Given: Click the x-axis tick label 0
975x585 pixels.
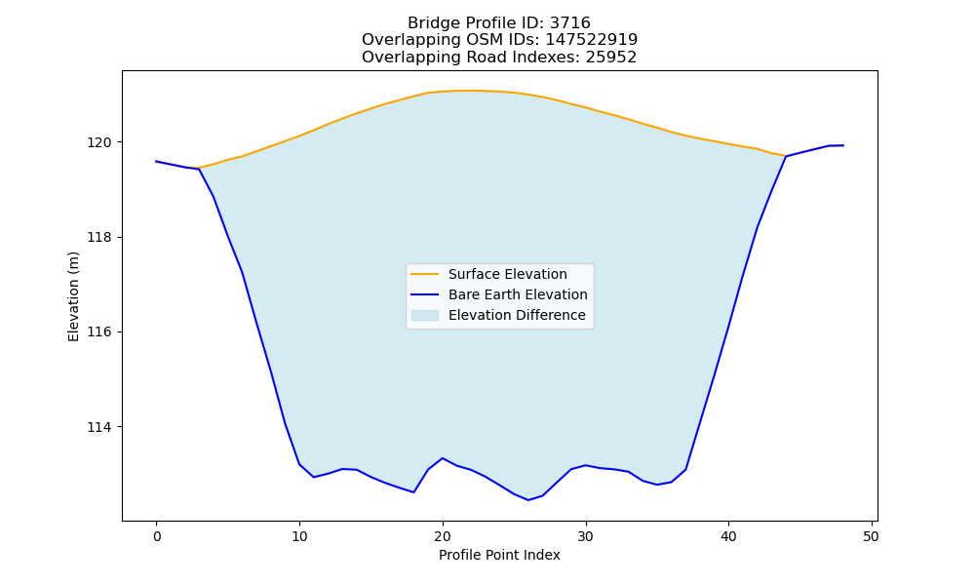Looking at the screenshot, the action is tap(157, 536).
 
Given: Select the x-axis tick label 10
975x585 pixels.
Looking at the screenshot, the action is tap(299, 536).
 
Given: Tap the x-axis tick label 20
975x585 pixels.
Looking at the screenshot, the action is tap(443, 536).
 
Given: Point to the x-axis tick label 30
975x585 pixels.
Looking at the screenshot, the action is tap(585, 536).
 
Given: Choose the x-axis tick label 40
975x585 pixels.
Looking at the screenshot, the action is tap(728, 536).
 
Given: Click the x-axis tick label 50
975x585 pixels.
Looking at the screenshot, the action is tap(871, 536).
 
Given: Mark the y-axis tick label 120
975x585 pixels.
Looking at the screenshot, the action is tap(99, 143).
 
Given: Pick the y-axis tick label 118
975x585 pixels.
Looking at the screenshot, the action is tap(99, 238).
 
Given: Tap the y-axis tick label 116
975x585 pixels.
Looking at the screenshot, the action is tap(99, 332).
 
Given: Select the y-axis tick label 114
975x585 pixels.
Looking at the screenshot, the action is tap(99, 427).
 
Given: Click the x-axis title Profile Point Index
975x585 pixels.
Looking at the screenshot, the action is tap(499, 555).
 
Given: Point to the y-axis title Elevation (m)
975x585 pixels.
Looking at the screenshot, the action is tap(73, 296).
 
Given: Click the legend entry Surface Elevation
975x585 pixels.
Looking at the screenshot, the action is tap(507, 274).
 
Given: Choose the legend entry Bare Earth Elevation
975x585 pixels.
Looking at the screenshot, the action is tap(518, 294).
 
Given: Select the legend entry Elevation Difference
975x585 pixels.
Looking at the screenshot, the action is tap(517, 315).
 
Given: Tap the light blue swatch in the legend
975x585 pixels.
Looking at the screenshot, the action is tap(425, 315).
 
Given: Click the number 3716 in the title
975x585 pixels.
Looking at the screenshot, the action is tap(570, 23).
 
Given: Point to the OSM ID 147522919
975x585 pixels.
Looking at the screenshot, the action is tap(592, 40).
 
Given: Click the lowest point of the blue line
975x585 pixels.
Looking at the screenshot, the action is tap(528, 500).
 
